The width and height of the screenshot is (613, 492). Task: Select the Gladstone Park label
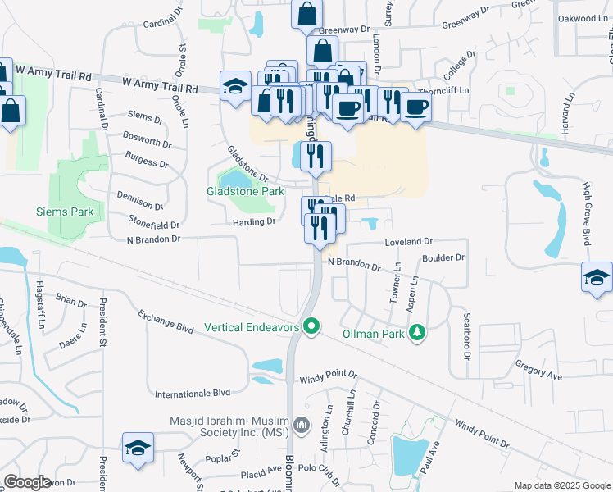(245, 191)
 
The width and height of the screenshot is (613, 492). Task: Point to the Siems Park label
(65, 212)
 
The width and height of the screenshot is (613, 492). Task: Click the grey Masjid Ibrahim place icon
(302, 426)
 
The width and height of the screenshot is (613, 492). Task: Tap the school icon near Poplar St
(138, 448)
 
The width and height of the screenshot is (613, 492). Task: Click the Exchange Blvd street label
(166, 321)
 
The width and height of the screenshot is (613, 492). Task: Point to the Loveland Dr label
(408, 242)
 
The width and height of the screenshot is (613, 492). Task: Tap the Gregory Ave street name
(538, 369)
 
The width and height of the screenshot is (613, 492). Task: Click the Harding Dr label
(253, 221)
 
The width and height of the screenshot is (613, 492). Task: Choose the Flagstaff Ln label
(41, 304)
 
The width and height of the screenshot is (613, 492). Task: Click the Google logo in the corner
(28, 482)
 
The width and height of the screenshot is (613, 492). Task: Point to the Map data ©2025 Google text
(561, 485)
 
